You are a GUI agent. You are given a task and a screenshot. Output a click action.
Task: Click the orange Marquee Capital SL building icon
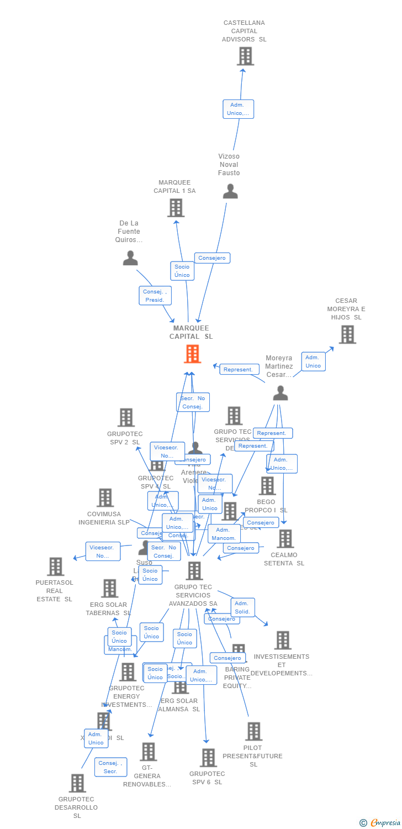(x=192, y=354)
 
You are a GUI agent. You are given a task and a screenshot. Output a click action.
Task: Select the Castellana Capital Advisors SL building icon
(x=245, y=56)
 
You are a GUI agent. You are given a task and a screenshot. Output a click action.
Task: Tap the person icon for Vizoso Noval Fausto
(x=230, y=191)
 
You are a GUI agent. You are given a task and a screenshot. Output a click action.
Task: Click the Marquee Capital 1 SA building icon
(x=176, y=208)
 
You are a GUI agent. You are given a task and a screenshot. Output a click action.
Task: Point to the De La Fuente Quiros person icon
(x=130, y=258)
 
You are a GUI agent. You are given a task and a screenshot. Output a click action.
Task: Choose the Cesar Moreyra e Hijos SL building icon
(x=347, y=334)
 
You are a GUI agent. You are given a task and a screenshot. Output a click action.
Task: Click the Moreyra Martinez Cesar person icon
(x=281, y=393)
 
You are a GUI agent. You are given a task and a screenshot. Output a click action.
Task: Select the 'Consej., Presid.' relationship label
(x=155, y=296)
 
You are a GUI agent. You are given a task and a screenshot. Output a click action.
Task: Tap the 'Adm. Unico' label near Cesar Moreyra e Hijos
(x=313, y=361)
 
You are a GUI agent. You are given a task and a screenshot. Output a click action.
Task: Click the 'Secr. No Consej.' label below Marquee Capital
(x=193, y=402)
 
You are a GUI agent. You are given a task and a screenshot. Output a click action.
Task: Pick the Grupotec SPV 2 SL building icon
(x=126, y=417)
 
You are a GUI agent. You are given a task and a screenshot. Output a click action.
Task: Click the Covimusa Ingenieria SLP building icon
(x=105, y=497)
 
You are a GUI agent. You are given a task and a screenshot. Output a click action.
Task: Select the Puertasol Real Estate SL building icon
(x=55, y=566)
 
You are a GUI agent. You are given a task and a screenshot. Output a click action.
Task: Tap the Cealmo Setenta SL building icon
(x=285, y=538)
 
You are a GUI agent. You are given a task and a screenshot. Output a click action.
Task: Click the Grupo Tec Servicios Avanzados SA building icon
(x=194, y=570)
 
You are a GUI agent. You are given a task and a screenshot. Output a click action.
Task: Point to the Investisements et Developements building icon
(x=283, y=640)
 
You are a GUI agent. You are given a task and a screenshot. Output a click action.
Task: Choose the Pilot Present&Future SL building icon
(x=253, y=731)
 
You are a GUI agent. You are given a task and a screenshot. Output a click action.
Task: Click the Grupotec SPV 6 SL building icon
(x=208, y=757)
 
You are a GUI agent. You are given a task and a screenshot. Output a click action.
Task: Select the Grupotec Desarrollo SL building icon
(x=77, y=783)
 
